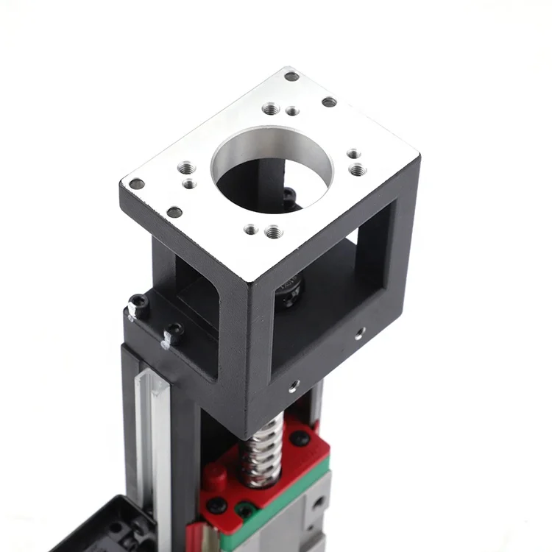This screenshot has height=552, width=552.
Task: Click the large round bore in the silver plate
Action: (x=272, y=168)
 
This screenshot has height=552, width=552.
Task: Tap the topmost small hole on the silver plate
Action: (x=291, y=76)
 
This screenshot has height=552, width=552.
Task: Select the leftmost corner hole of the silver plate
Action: (x=136, y=184)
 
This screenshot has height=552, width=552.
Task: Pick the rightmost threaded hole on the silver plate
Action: (x=358, y=170)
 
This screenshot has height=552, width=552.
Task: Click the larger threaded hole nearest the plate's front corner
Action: (x=273, y=233)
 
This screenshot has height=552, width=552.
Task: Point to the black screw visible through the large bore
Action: (x=290, y=195)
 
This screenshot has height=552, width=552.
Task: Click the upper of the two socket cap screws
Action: (x=138, y=304)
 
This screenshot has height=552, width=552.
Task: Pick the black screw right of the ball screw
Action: (x=300, y=438)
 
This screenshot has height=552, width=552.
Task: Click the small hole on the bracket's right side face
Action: (x=358, y=333)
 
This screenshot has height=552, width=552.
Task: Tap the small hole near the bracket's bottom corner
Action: (x=294, y=384)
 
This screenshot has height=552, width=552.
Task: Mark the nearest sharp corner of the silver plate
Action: (x=254, y=280)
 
